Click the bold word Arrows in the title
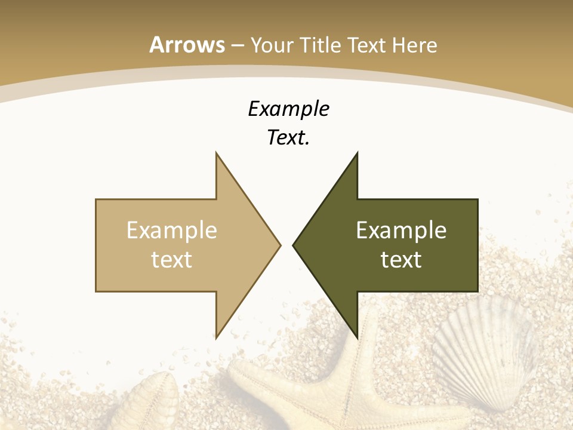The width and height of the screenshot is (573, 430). (x=187, y=45)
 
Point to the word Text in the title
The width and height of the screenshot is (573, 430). (x=366, y=45)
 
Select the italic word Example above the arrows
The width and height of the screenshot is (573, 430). (x=288, y=109)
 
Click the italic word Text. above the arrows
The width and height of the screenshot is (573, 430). (x=288, y=138)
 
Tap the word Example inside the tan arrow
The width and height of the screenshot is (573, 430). (x=172, y=231)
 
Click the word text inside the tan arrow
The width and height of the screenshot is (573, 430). (x=172, y=259)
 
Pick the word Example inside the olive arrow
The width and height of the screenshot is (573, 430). (x=401, y=231)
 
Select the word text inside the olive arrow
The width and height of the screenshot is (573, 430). (x=401, y=259)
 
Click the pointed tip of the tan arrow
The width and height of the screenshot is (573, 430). (x=279, y=245)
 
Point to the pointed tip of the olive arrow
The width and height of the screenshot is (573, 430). (x=294, y=245)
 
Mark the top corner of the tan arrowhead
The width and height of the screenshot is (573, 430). (x=216, y=153)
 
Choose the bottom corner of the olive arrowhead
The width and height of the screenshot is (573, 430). (x=357, y=337)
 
